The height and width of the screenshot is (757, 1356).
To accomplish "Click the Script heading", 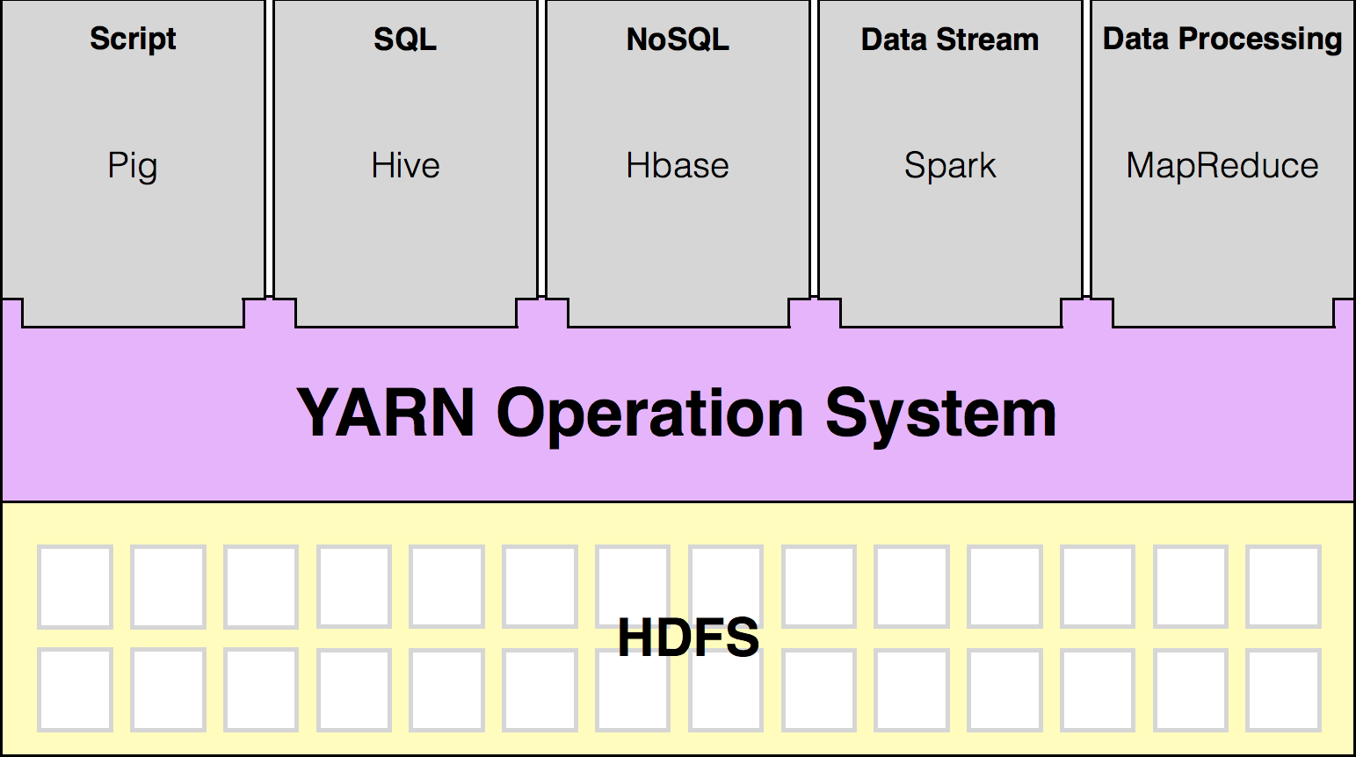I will click(133, 40).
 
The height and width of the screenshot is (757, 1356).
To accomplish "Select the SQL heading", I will click(405, 40).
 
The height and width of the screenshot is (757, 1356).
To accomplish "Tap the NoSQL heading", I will click(678, 40).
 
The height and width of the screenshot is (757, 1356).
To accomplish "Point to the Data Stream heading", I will click(950, 40).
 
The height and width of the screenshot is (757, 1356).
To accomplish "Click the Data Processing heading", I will click(1222, 40).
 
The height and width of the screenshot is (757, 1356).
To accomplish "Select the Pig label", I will click(133, 166).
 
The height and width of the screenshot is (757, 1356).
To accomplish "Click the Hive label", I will click(405, 166).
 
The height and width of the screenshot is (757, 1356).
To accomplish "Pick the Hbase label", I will click(678, 166).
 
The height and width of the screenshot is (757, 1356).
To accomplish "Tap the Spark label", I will click(950, 166).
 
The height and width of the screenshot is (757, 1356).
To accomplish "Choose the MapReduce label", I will click(1222, 166).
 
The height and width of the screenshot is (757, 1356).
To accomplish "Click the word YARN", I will click(386, 413).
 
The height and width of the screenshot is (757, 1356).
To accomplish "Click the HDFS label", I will click(688, 638).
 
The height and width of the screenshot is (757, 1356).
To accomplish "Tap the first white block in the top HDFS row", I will click(75, 587).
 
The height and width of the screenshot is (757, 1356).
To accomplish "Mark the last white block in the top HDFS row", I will click(1284, 587).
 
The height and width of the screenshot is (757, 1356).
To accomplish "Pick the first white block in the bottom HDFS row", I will click(75, 690).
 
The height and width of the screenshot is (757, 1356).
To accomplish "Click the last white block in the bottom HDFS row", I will click(1284, 690).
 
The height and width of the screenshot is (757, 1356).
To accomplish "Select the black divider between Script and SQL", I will click(269, 149).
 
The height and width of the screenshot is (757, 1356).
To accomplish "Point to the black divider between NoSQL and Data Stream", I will click(814, 149).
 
